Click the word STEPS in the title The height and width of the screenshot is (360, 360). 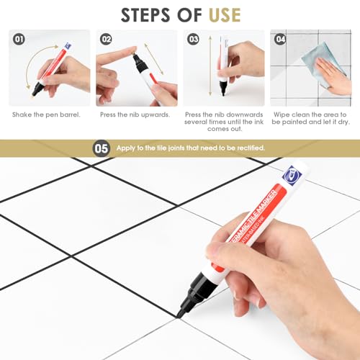(150, 14)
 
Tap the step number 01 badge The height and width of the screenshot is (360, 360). (19, 40)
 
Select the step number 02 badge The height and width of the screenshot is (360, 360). (107, 40)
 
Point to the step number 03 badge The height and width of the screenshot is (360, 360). (192, 40)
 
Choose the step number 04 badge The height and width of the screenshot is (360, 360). (279, 40)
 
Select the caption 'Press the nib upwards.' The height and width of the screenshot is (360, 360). (135, 114)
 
